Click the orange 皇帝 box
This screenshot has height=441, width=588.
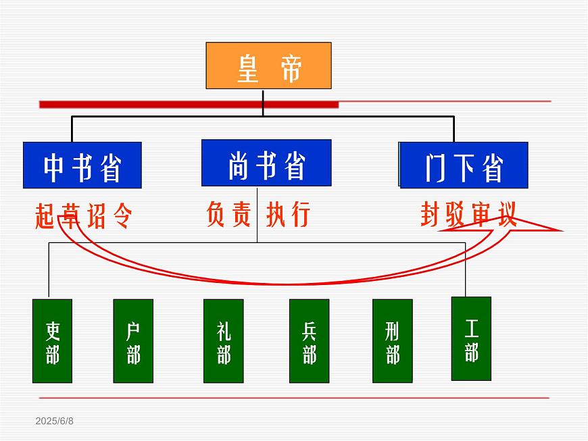coord(268,66)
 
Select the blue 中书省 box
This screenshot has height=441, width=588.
coord(82,165)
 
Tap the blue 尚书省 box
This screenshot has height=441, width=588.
coord(266,162)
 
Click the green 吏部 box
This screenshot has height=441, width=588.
coord(52,341)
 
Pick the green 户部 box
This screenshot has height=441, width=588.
coord(133,341)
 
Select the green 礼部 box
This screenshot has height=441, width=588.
coord(224,341)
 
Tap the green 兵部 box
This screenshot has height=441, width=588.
coord(309,341)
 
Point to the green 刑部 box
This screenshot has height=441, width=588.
coord(392,341)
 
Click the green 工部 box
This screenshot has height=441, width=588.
coord(471,338)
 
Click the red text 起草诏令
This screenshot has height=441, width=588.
coord(83,216)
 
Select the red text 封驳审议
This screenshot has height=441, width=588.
coord(468,214)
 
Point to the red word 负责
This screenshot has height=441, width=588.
coord(228,214)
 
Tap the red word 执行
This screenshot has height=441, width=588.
coord(288,214)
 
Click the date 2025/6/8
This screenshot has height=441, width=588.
coord(55,421)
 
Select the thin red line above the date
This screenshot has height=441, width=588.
coord(293,398)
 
